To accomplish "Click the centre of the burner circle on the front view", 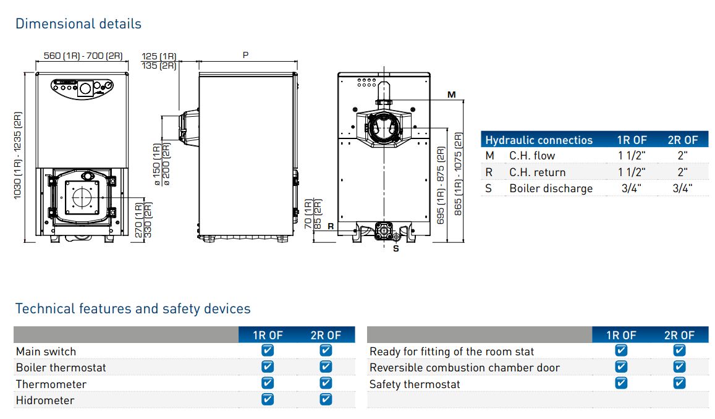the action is coord(83,197).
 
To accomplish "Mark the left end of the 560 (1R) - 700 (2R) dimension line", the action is coord(36,61).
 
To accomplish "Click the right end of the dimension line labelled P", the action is coord(297,61).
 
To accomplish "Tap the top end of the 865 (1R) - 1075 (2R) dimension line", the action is coord(463,101).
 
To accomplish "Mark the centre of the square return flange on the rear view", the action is coord(384,231).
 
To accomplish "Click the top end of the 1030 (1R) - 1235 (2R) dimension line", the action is coord(24,72).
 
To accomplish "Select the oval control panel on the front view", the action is coord(82,88).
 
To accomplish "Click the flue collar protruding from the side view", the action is coord(188,129).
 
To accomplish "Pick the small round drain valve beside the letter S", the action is coord(396,237).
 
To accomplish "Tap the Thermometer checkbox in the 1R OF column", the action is coord(268,383).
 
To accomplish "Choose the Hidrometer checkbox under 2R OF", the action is coord(326,399).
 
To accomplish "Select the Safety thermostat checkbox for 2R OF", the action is coord(679,383).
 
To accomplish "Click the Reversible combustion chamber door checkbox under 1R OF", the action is coord(621,366).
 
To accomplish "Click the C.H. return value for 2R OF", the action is coord(682,172).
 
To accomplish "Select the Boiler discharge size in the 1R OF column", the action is coord(631,188).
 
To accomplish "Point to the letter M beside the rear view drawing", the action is coord(452,95).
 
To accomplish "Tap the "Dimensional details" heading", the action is coord(78,23).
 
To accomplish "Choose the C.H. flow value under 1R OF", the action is coord(632,156).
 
